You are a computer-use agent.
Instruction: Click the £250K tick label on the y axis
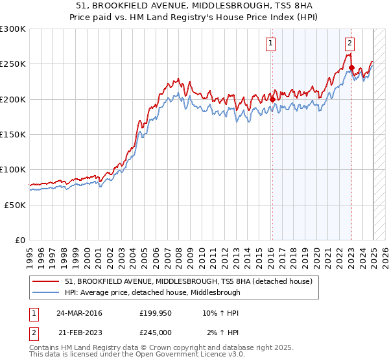[x=12, y=64]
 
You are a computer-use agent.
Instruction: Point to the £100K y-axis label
[x=12, y=169]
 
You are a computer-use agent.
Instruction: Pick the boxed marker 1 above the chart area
[x=270, y=43]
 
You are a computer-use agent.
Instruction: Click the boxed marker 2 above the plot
[x=349, y=43]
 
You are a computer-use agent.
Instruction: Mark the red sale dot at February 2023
[x=351, y=67]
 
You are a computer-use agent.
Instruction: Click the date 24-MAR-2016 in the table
[x=80, y=313]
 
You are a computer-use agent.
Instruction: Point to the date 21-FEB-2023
[x=79, y=332]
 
